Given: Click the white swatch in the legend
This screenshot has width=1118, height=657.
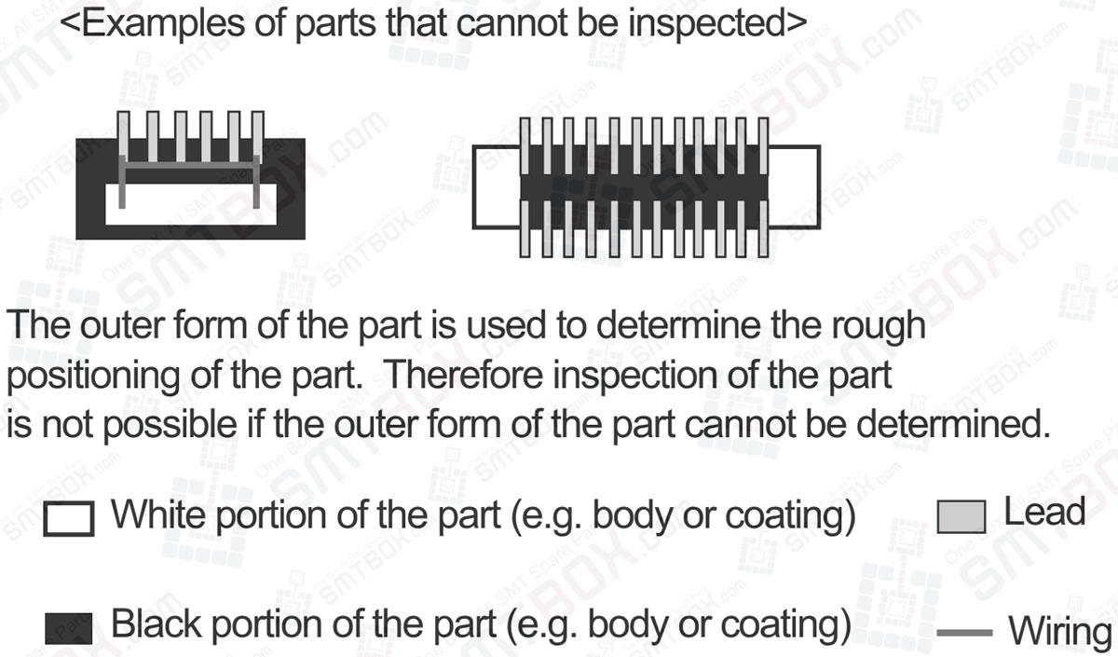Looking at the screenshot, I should coord(68,519).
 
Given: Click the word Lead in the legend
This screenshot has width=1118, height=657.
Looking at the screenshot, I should coord(1044,512).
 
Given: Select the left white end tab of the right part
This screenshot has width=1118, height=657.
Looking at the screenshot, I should coord(496,185).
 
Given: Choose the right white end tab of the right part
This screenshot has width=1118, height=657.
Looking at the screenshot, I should coord(794,185).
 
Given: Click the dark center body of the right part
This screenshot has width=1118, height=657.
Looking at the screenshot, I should coord(643,185).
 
